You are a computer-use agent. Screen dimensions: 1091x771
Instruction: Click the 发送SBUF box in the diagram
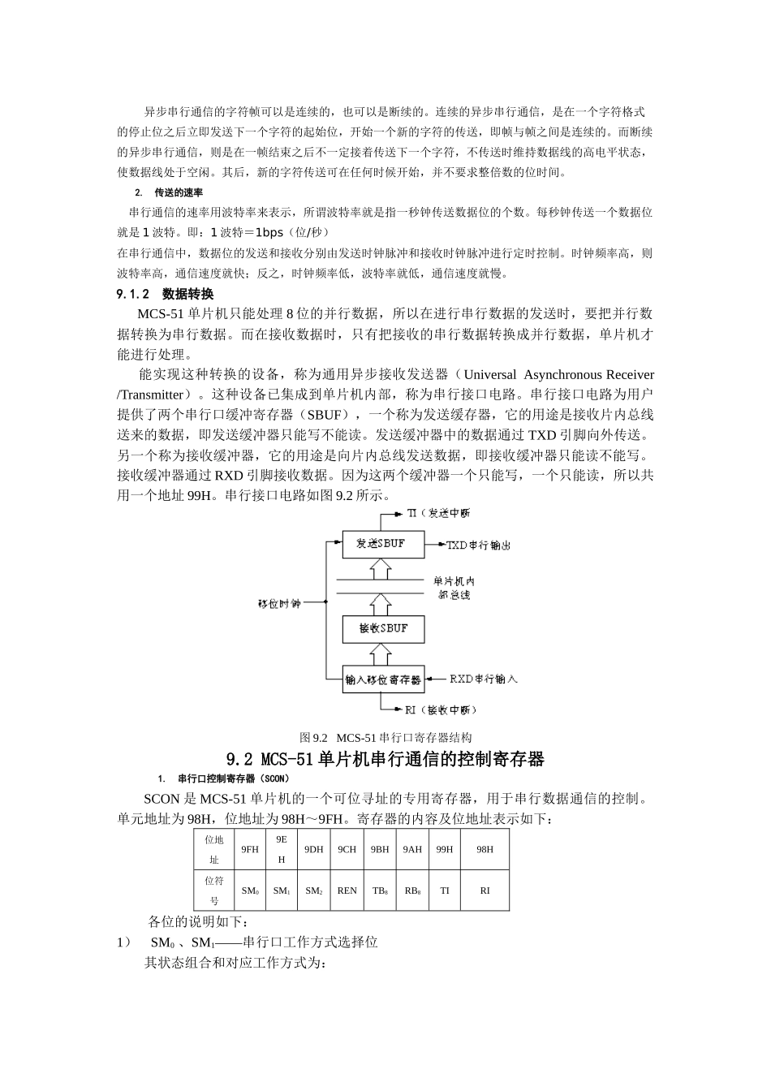point(383,544)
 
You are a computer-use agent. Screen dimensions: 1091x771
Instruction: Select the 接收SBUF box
point(383,628)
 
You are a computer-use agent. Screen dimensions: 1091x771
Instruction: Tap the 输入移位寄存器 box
point(383,679)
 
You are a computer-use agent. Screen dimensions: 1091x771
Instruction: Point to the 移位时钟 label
point(278,603)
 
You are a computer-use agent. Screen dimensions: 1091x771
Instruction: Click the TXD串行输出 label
point(478,545)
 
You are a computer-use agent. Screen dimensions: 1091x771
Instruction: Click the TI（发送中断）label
point(437,513)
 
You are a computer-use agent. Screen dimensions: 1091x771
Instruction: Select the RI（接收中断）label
point(440,709)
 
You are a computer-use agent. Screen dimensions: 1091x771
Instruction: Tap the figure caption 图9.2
point(385,738)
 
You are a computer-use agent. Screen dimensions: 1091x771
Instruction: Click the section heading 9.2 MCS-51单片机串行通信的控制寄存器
point(385,760)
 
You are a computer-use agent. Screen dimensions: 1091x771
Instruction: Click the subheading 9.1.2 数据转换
point(166,294)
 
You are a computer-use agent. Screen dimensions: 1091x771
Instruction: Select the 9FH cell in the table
point(250,849)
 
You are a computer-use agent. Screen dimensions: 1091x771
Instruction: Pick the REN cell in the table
point(347,890)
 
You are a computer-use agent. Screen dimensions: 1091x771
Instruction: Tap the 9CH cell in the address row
point(347,849)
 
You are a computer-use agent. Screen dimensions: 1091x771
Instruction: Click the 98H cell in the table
point(485,849)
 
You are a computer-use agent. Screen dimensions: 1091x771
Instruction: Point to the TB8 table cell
point(380,890)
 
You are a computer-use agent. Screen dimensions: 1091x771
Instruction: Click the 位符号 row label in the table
point(214,890)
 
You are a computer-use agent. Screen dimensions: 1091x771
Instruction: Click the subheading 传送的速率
point(179,193)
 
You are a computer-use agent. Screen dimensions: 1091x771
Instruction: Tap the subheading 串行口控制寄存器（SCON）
point(228,779)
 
